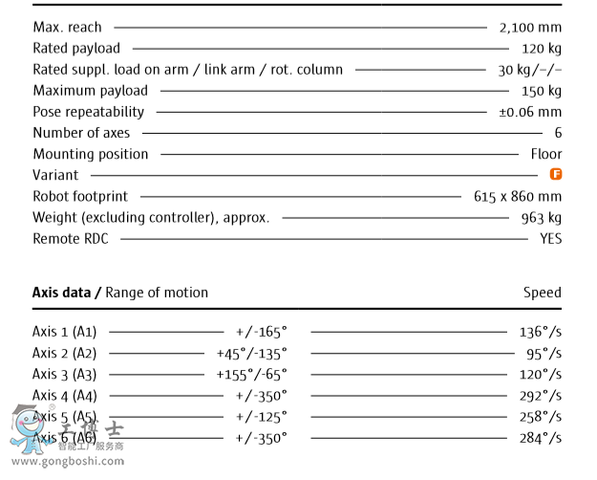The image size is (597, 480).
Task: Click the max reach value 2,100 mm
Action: [x=530, y=28]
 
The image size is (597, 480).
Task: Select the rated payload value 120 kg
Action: [x=542, y=49]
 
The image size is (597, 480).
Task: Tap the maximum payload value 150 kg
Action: [x=542, y=91]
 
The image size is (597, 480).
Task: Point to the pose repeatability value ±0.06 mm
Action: [x=530, y=112]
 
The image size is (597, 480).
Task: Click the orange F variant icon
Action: [x=555, y=174]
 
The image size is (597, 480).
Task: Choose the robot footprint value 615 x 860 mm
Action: [x=518, y=197]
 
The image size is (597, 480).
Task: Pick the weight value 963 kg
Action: [x=542, y=218]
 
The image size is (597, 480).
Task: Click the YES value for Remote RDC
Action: [x=550, y=239]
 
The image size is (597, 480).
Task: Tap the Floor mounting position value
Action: [x=546, y=154]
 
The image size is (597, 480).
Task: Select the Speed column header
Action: [x=542, y=293]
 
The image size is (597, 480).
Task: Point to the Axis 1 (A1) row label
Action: [x=65, y=333]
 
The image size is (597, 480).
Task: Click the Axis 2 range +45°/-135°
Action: [x=251, y=354]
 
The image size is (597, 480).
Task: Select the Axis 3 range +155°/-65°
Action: [x=251, y=375]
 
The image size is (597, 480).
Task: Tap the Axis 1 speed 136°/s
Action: [x=540, y=333]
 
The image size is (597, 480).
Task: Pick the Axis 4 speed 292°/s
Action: [x=540, y=396]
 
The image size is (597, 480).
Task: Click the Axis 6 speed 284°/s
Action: [x=540, y=438]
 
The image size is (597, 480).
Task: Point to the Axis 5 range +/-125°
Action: [x=261, y=417]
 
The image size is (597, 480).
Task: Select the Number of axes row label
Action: [x=81, y=133]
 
